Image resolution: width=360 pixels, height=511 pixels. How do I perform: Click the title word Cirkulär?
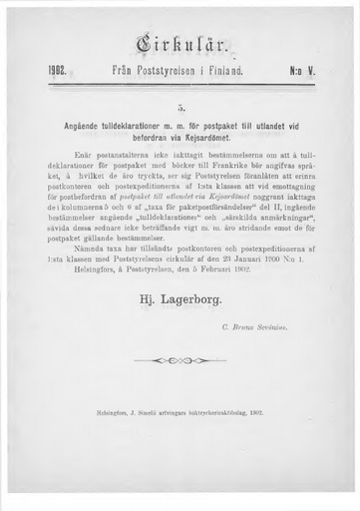click(180, 44)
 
